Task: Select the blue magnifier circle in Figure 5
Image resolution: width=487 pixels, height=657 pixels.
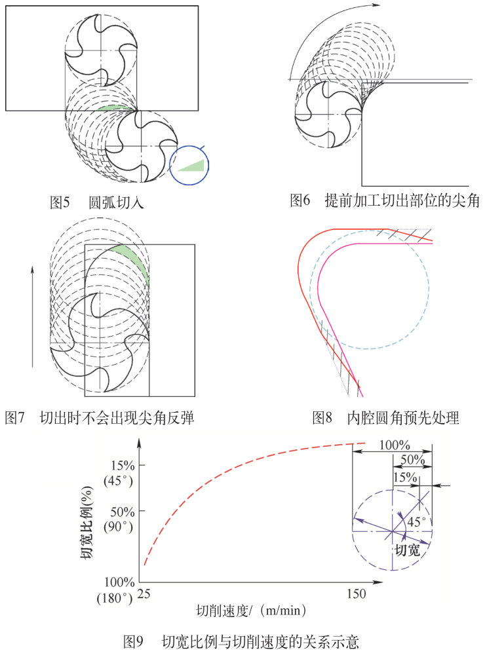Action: click(x=188, y=164)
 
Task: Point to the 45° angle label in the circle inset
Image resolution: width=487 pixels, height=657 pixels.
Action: click(x=417, y=522)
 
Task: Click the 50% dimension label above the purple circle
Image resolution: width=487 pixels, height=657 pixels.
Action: click(x=411, y=460)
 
